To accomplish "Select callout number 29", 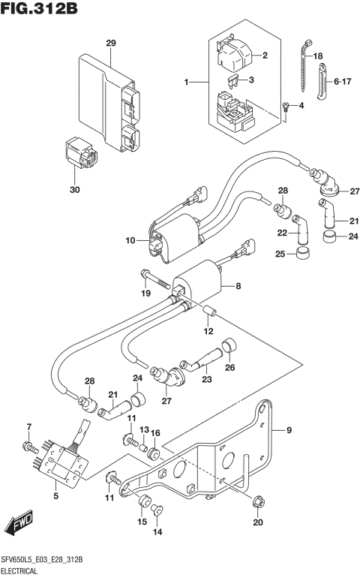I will (111, 42).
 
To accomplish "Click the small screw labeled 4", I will (286, 108).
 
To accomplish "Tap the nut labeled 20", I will (258, 501).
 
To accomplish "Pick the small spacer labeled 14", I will (157, 511).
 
